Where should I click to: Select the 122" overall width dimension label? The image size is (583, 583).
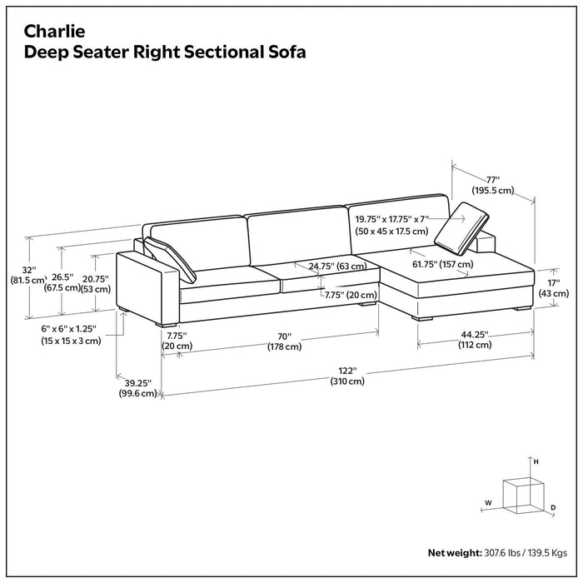347,376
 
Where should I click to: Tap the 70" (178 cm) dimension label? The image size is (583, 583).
284,341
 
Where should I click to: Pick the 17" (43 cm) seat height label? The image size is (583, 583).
553,287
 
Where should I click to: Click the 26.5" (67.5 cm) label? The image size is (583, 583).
62,282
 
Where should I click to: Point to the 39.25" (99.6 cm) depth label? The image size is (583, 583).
137,387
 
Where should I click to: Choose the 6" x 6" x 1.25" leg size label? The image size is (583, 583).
71,335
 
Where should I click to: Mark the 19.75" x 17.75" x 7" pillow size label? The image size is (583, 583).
391,225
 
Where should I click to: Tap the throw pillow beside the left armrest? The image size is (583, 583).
172,258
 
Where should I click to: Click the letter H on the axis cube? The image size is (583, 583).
536,461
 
